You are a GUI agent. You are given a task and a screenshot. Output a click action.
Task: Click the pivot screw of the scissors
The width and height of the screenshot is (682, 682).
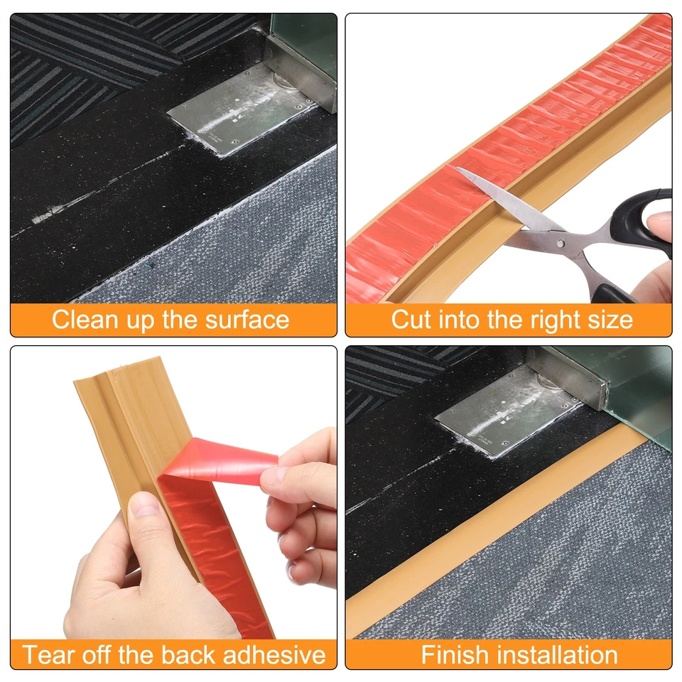click(561, 243)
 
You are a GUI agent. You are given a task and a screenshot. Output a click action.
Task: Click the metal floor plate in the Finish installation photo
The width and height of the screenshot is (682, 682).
click(504, 419)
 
